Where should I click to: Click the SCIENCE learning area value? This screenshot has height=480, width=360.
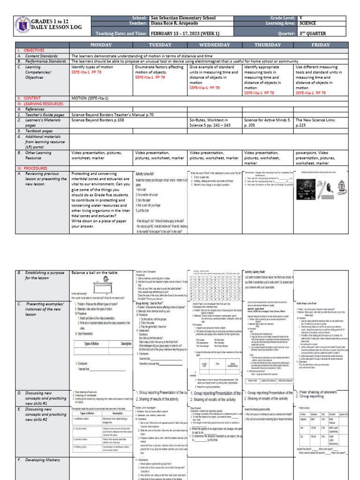[x=307, y=23]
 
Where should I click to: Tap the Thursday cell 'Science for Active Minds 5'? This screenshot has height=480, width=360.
[x=267, y=120]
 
